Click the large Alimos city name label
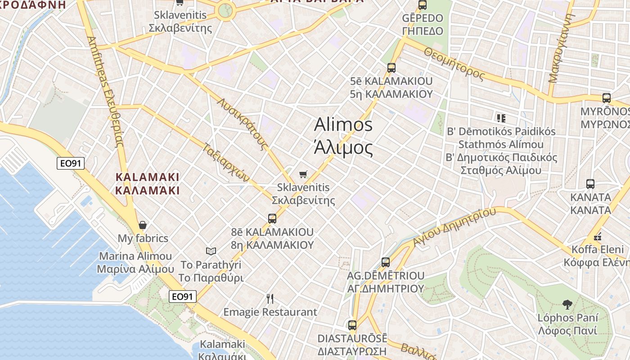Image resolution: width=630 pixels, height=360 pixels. pyautogui.click(x=343, y=136)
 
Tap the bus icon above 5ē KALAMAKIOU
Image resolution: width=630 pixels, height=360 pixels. pyautogui.click(x=391, y=68)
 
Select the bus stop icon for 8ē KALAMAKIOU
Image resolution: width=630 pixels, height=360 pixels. pyautogui.click(x=272, y=219)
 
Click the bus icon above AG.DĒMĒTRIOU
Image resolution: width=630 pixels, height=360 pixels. pyautogui.click(x=386, y=262)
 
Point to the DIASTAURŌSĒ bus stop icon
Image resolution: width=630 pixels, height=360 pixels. pyautogui.click(x=352, y=325)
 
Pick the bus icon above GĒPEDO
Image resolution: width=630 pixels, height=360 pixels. pyautogui.click(x=423, y=5)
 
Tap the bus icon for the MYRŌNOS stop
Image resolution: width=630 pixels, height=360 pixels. pyautogui.click(x=607, y=98)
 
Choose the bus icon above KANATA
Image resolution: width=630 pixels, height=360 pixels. pyautogui.click(x=590, y=184)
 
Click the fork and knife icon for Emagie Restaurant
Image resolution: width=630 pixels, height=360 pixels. pyautogui.click(x=270, y=298)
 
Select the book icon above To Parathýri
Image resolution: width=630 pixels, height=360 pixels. pyautogui.click(x=211, y=251)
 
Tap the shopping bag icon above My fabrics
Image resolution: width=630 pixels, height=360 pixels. pyautogui.click(x=143, y=225)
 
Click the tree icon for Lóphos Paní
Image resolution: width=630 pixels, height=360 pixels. pyautogui.click(x=567, y=305)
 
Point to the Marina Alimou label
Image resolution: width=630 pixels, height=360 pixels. pyautogui.click(x=135, y=263)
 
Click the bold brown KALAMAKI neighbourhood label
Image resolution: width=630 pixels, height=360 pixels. pyautogui.click(x=147, y=184)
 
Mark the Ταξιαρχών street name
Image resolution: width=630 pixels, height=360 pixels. pyautogui.click(x=226, y=163)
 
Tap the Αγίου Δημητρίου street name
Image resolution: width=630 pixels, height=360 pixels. pyautogui.click(x=454, y=227)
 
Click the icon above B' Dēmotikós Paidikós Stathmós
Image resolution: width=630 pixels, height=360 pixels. pyautogui.click(x=501, y=118)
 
